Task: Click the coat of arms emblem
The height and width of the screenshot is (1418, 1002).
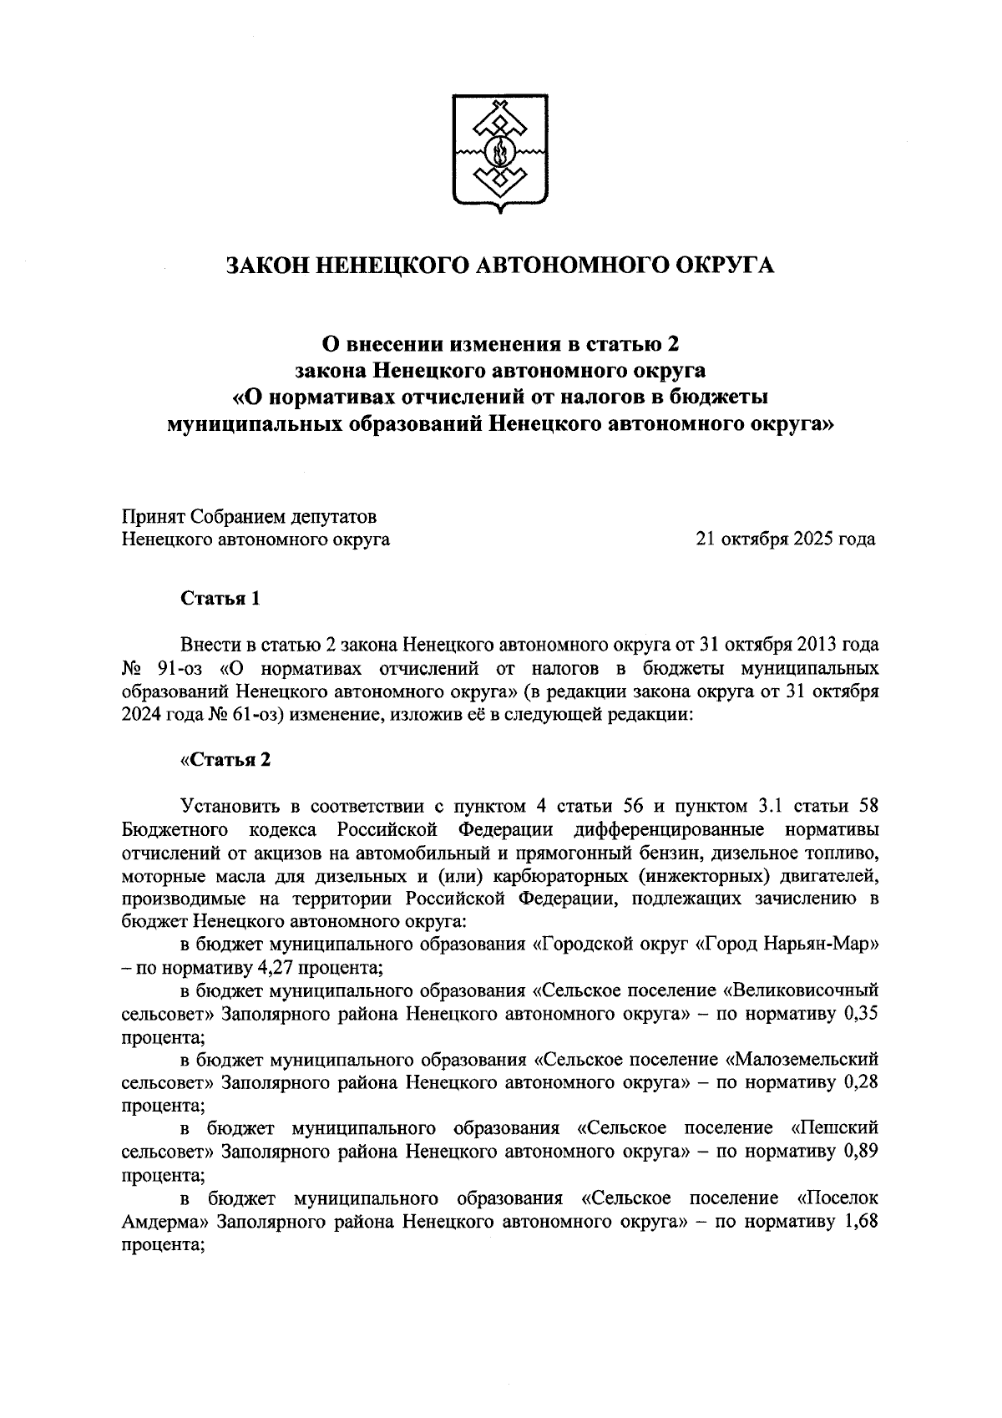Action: pos(500,154)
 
